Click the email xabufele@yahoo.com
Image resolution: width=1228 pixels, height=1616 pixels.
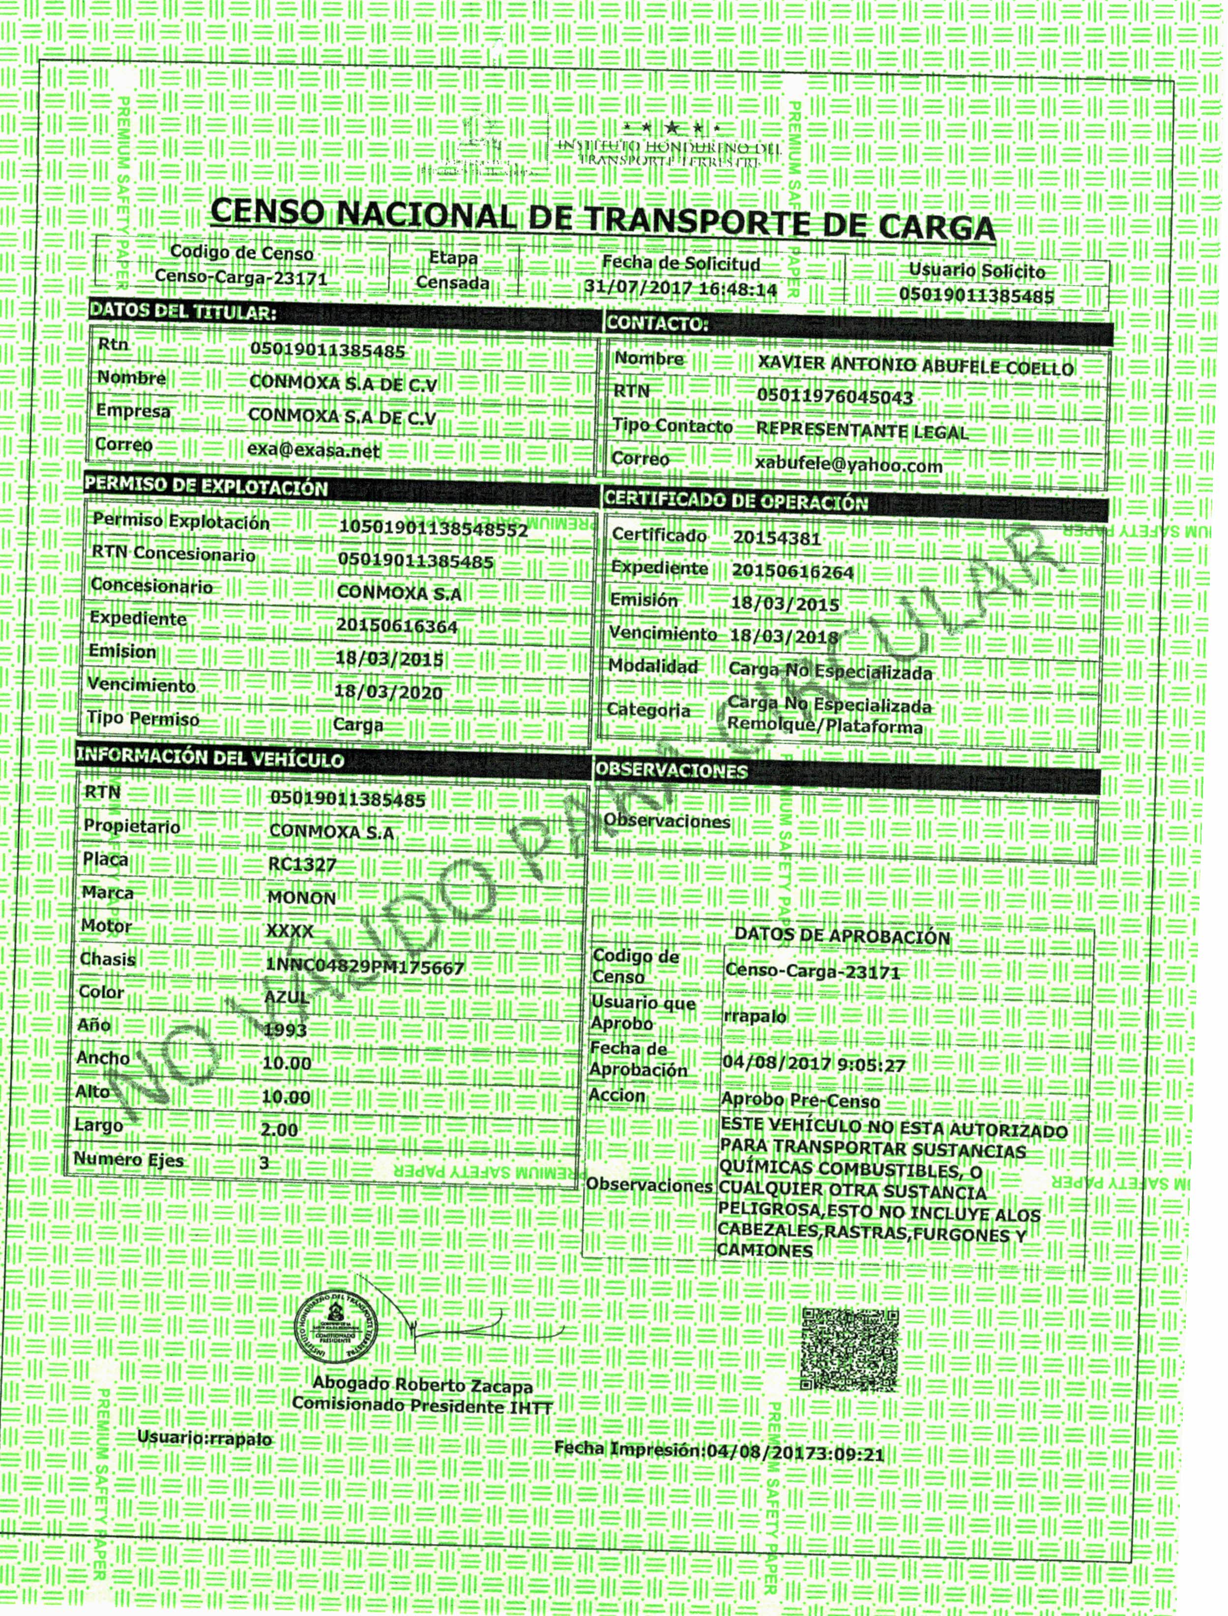click(x=848, y=464)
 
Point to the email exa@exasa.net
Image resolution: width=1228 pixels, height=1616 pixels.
click(x=314, y=450)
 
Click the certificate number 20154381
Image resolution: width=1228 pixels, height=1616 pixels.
click(x=777, y=538)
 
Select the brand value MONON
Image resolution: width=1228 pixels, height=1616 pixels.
click(x=302, y=897)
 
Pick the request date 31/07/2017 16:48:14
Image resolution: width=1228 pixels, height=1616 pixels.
click(x=680, y=288)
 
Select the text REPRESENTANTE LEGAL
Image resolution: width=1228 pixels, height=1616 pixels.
click(x=862, y=431)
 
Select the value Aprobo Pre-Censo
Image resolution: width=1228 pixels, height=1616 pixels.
click(x=800, y=1100)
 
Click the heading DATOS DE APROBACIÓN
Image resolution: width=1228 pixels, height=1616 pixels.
click(x=842, y=936)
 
